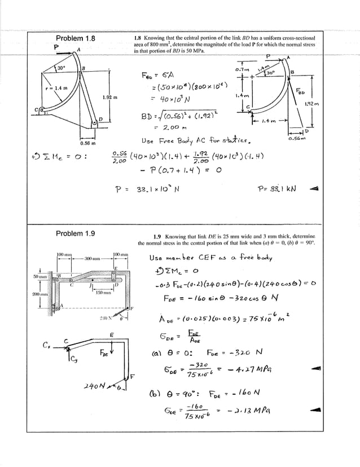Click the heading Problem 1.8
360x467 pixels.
point(76,38)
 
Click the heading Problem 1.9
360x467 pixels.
point(76,233)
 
